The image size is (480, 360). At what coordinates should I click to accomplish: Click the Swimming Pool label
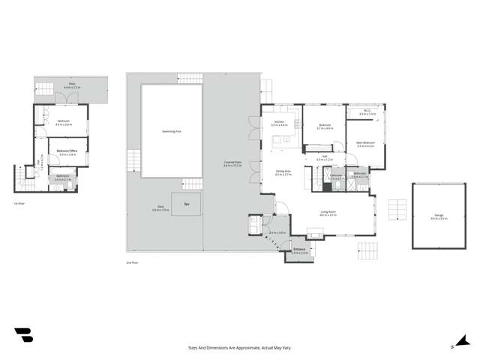172,130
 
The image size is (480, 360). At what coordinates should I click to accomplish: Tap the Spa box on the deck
185,204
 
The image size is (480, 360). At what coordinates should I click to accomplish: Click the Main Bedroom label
366,145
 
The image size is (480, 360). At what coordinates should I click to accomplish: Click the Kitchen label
279,122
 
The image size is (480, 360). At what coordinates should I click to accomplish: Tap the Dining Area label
283,172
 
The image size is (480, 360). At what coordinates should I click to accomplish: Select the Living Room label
328,214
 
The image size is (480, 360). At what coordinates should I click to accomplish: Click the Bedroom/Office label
67,152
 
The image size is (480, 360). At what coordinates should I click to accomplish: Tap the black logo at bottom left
23,334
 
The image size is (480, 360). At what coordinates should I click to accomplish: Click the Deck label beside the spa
160,207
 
